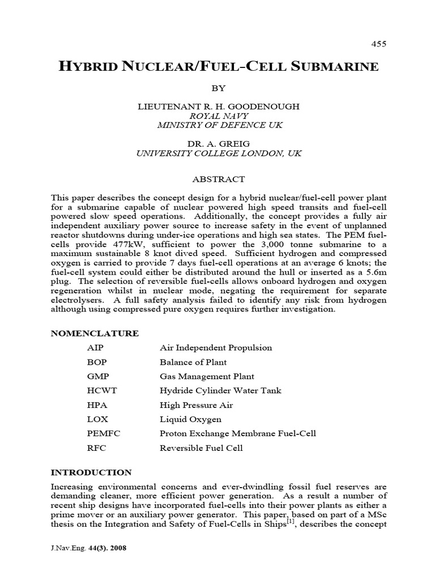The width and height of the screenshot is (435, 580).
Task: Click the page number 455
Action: click(378, 44)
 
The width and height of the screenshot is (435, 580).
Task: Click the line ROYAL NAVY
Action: click(217, 116)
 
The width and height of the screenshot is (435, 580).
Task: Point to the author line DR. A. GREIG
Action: click(217, 143)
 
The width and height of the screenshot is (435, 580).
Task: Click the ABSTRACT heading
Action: click(217, 179)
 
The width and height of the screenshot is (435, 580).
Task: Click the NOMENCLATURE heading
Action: click(95, 333)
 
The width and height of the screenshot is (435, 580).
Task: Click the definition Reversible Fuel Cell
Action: click(201, 448)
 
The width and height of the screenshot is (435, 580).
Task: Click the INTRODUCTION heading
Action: click(91, 472)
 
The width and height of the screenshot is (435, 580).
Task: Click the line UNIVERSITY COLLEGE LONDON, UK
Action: click(217, 153)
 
